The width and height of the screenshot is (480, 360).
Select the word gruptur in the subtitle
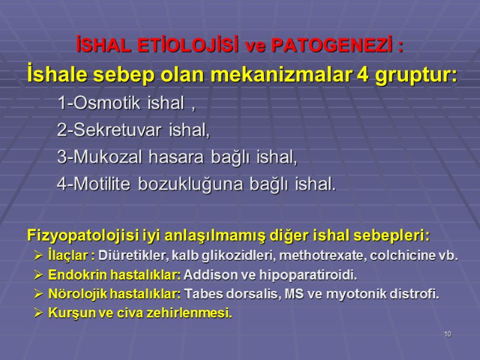tap(415, 77)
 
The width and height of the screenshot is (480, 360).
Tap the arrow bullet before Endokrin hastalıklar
tap(39, 275)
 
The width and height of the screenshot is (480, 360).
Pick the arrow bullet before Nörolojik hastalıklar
tap(39, 295)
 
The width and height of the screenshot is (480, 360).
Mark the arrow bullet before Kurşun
tap(39, 313)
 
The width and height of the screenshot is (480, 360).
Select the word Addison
tap(207, 275)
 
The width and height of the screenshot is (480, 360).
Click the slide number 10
tap(447, 334)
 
